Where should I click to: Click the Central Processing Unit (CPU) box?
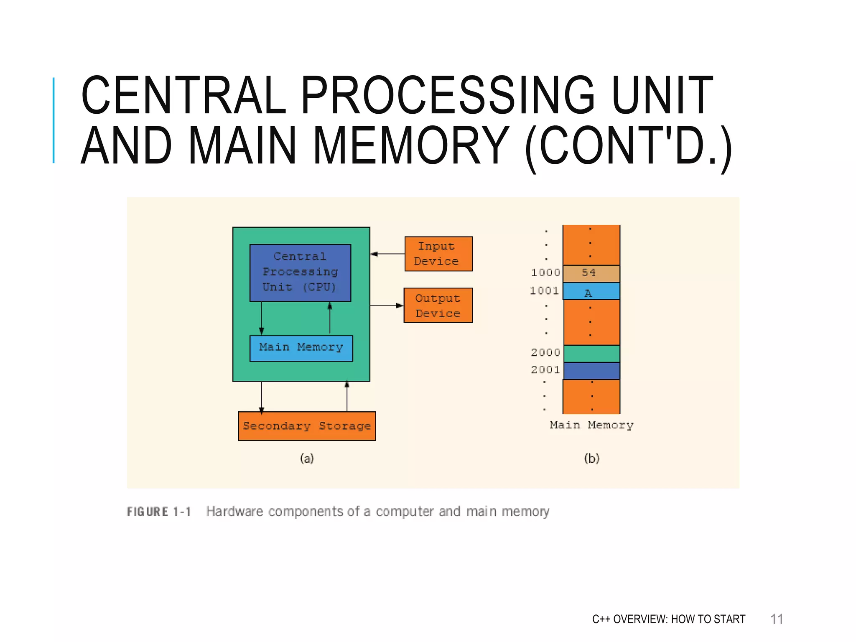(300, 273)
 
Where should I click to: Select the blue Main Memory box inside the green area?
(301, 348)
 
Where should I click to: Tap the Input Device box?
(438, 254)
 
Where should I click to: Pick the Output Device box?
(438, 305)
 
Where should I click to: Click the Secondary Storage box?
(307, 426)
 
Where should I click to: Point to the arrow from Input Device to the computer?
(387, 254)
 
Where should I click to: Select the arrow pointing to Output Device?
(387, 306)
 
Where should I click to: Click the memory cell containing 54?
(591, 273)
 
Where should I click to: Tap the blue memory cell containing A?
(591, 291)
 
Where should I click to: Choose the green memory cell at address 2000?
(591, 354)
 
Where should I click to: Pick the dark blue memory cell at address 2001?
(591, 371)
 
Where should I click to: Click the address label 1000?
(545, 273)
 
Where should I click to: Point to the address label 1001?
(544, 291)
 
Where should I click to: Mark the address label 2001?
(545, 370)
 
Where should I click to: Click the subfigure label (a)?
(307, 459)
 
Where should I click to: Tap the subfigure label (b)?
(591, 459)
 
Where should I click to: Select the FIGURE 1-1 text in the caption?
(159, 512)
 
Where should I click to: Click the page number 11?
(777, 619)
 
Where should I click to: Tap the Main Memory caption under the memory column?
(591, 425)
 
